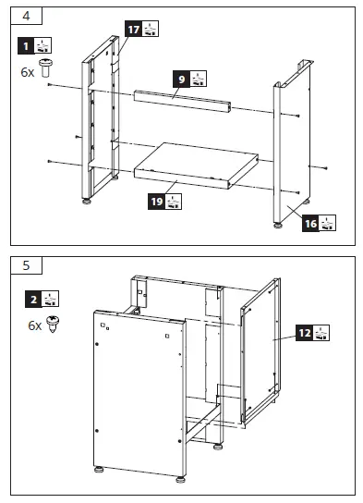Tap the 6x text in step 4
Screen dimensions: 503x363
[x=27, y=69]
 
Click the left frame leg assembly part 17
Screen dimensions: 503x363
[x=102, y=120]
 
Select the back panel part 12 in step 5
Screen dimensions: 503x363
[x=260, y=351]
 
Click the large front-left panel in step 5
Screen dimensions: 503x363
[x=139, y=388]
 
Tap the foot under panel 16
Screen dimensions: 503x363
[x=277, y=223]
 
